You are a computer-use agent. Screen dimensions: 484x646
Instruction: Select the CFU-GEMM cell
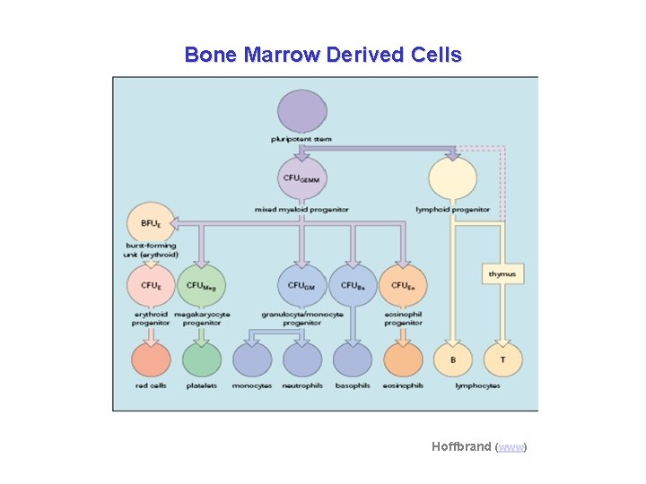302,178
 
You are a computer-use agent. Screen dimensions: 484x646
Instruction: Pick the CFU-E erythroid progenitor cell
151,285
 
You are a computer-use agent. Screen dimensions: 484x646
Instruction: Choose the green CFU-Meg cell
201,285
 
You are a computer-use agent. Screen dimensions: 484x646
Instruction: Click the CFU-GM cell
301,285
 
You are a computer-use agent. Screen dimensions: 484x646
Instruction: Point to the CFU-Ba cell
352,285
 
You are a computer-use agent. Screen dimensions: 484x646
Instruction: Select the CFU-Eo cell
402,285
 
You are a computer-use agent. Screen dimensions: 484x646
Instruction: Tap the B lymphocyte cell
452,359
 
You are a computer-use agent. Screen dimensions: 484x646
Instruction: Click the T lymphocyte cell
502,359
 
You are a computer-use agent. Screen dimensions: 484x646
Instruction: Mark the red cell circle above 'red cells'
151,359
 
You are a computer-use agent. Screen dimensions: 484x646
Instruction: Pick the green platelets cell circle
201,359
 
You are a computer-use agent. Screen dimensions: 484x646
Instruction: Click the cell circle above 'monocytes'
252,359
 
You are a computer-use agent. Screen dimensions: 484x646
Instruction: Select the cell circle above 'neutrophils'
301,359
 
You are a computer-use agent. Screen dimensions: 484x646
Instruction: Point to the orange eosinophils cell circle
402,359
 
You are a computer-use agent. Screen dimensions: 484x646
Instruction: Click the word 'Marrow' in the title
277,55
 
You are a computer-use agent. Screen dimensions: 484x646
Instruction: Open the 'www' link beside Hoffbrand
511,446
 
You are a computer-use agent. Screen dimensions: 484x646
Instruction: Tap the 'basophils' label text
352,386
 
